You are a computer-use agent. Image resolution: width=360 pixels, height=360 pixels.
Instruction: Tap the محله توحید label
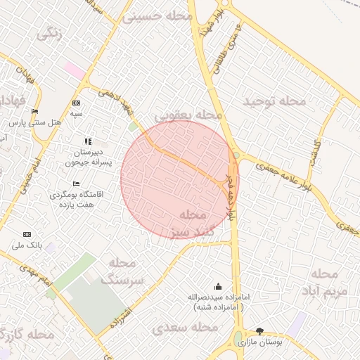[x=275, y=101]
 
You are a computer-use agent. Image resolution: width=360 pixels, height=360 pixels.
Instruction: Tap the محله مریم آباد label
[x=326, y=282]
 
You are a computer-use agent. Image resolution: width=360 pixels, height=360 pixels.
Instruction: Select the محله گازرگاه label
[x=28, y=335]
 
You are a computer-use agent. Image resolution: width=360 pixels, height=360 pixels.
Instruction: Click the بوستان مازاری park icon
[x=259, y=330]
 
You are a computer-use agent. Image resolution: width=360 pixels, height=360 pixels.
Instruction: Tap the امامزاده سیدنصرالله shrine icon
[x=217, y=286]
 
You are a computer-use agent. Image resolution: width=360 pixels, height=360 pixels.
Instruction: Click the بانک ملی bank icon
[x=27, y=234]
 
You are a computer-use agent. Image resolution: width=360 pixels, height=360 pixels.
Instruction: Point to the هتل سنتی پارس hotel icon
[x=34, y=112]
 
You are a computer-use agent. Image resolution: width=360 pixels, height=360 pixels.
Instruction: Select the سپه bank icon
[x=76, y=103]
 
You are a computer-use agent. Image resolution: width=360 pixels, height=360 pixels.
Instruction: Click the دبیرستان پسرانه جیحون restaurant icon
[x=88, y=141]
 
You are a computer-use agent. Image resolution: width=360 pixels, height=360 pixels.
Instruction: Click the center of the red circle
[x=179, y=179]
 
